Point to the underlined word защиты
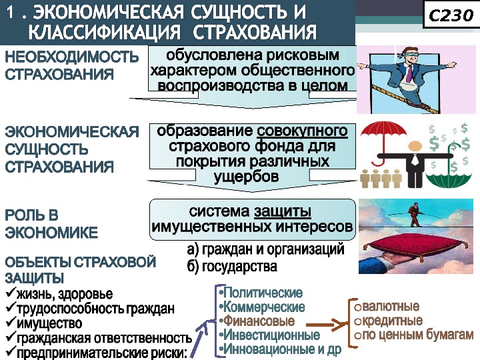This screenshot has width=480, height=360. tap(282, 212)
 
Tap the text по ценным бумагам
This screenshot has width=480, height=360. tap(418, 334)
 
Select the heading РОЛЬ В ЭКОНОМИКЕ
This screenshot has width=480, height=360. tap(51, 224)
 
